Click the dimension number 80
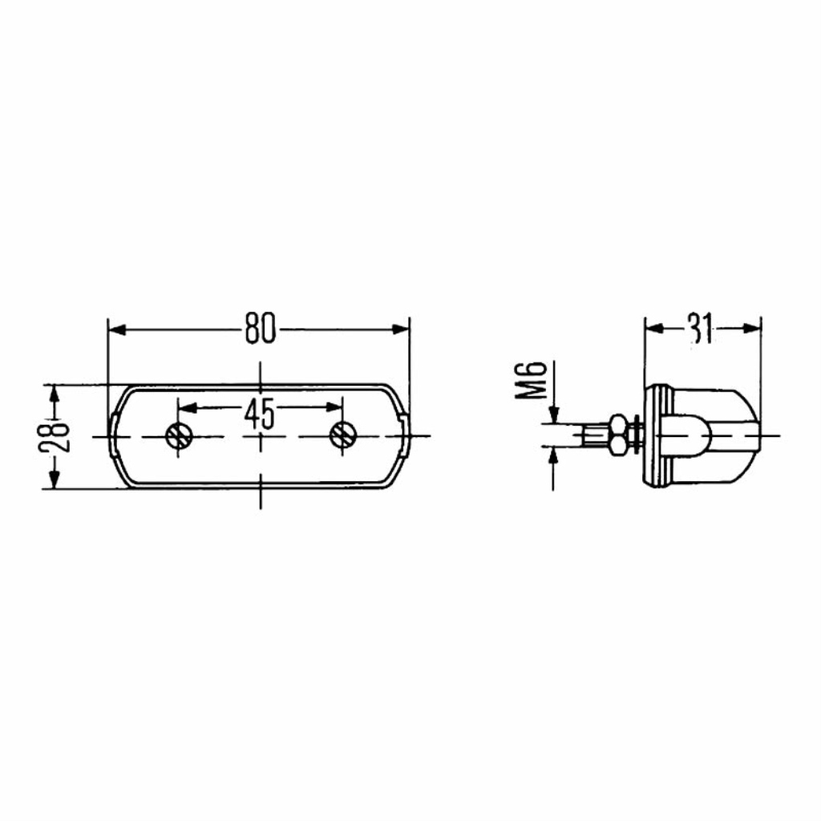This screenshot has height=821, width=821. (261, 329)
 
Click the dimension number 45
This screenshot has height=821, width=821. (260, 413)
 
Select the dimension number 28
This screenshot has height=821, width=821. (54, 437)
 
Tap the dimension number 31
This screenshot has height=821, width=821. (702, 330)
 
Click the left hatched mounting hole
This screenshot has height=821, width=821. (179, 435)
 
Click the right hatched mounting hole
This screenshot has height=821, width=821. (342, 435)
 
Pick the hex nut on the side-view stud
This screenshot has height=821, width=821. (618, 435)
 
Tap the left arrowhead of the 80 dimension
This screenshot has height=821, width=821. (117, 330)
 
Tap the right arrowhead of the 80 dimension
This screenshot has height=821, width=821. (401, 330)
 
